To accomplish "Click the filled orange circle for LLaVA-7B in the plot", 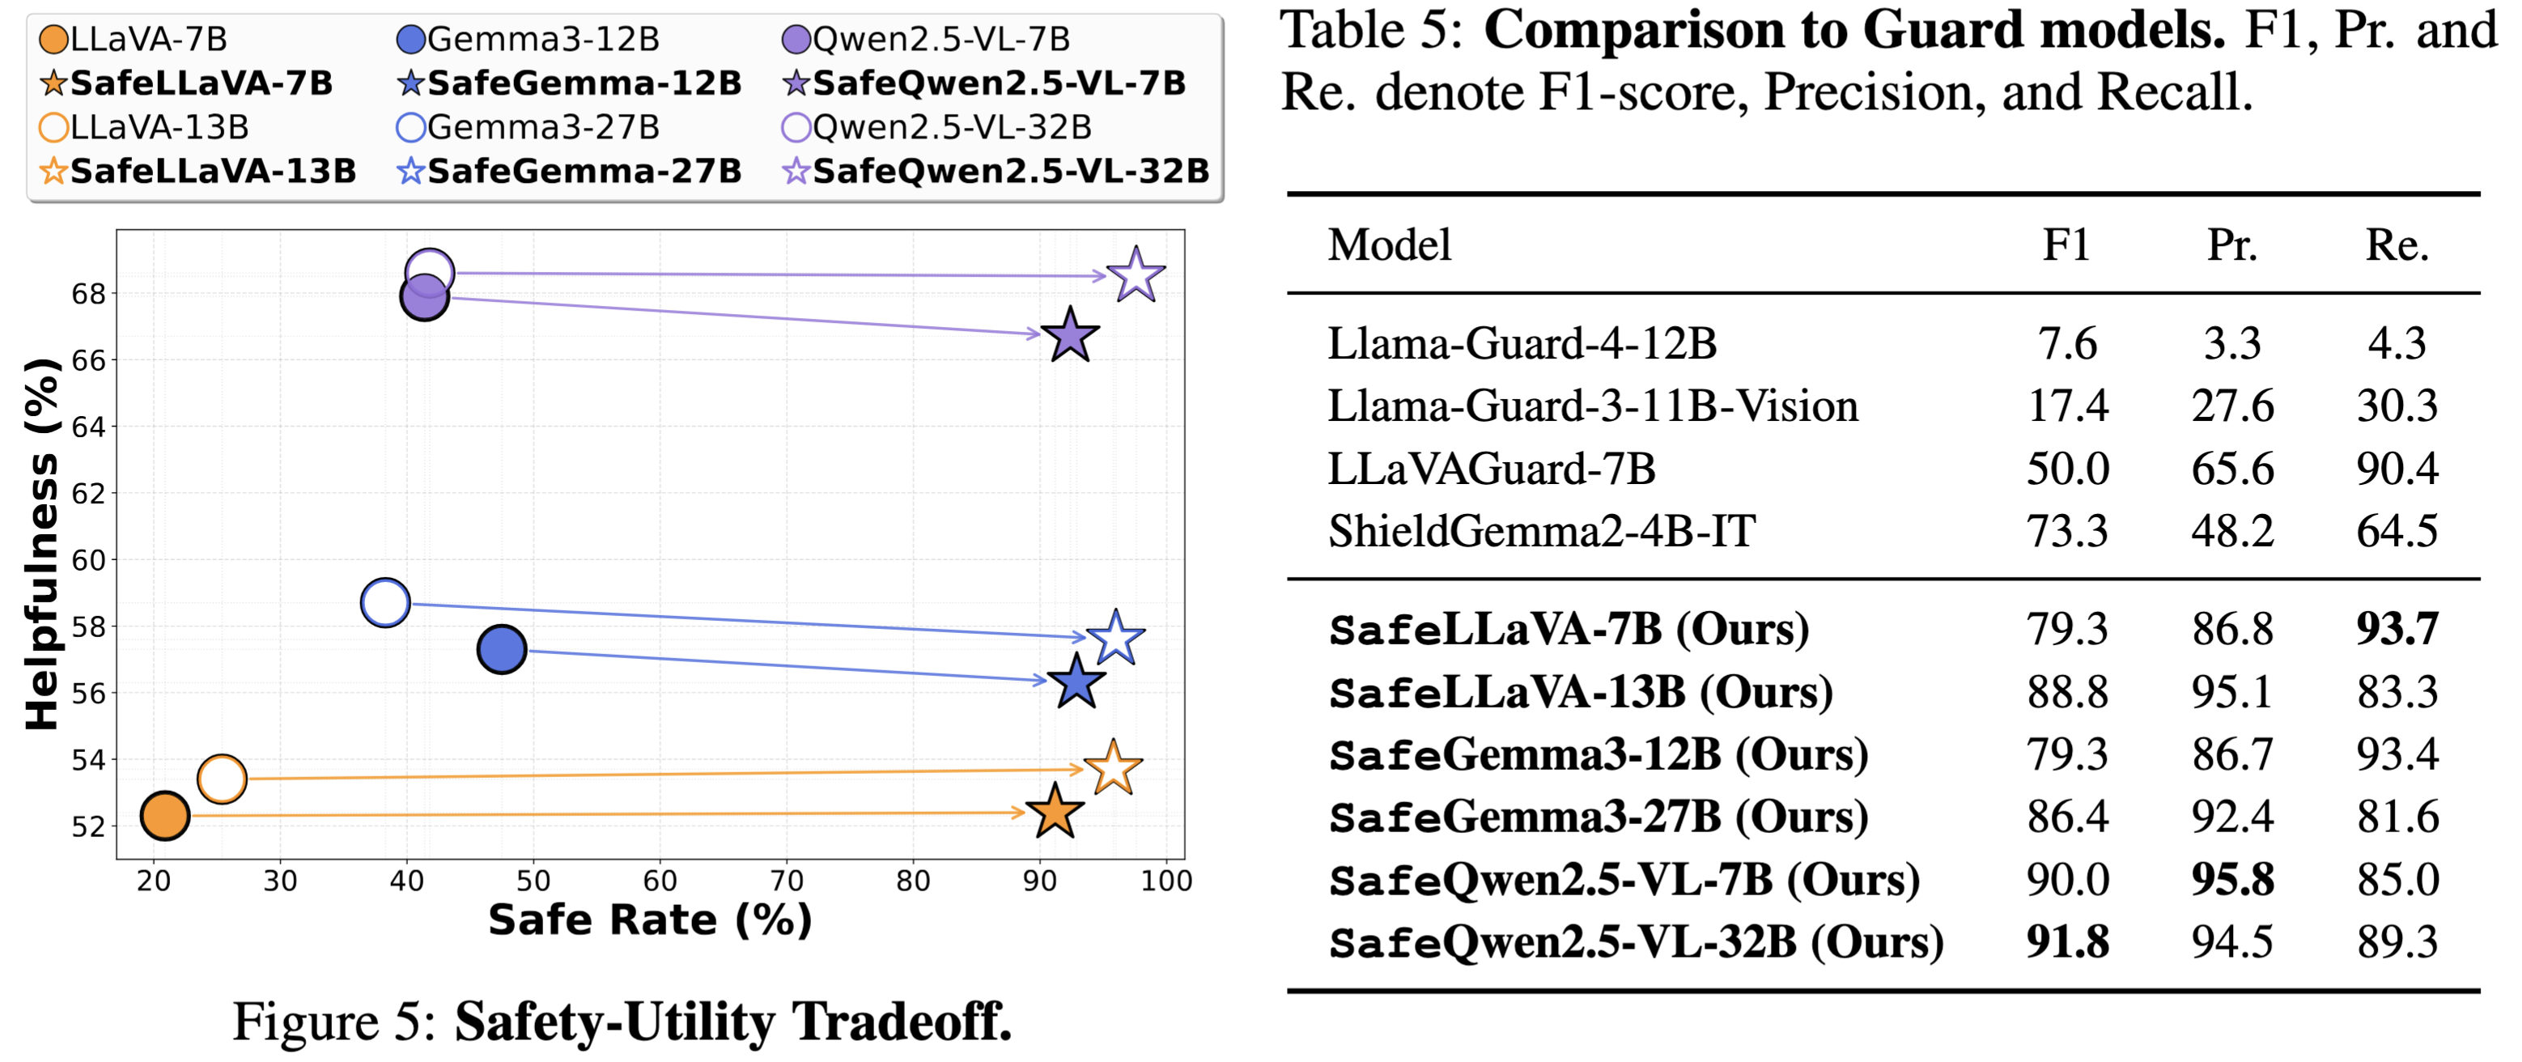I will coord(164,815).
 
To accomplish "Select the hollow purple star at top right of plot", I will coord(1136,275).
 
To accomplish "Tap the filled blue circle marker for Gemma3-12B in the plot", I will coord(501,650).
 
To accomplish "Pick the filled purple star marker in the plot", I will coord(1070,336).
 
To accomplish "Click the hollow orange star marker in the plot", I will coord(1113,768).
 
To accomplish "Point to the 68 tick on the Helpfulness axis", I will coord(88,294).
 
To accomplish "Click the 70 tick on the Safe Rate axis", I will coord(786,881).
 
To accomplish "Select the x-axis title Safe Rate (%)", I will coord(650,920).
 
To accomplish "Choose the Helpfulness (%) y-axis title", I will coord(41,544).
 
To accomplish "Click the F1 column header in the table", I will coord(2066,244).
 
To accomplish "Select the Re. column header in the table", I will coord(2397,244).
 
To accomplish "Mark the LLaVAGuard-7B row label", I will coord(1491,469).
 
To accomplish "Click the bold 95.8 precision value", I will coord(2232,880).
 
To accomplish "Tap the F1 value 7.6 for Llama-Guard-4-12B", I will coord(2067,343).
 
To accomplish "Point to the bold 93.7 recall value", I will coord(2397,628).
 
